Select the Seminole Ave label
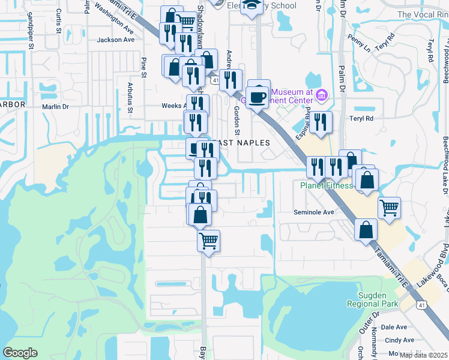tap(313, 212)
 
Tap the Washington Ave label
tap(114, 20)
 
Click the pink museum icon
tap(322, 95)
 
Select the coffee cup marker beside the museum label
tap(258, 95)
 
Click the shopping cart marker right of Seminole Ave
tap(390, 208)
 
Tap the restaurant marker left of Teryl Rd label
tap(321, 122)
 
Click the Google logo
tap(20, 353)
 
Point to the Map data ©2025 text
tap(423, 355)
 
